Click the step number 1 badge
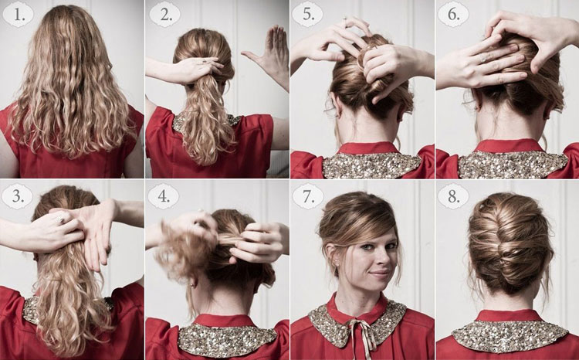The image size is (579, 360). pos(17,15)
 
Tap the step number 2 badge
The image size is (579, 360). pos(164,15)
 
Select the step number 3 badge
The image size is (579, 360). pos(17,196)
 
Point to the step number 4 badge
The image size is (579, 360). pos(163,196)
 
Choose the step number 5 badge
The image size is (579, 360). pos(307,15)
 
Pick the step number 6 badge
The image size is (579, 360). pos(453,15)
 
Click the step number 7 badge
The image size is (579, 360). pos(307,196)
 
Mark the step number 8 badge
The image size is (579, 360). pos(453,196)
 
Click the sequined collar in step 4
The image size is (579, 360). pos(227,339)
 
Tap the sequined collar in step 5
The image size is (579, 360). pos(371,165)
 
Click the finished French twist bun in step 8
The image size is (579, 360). pos(510,245)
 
